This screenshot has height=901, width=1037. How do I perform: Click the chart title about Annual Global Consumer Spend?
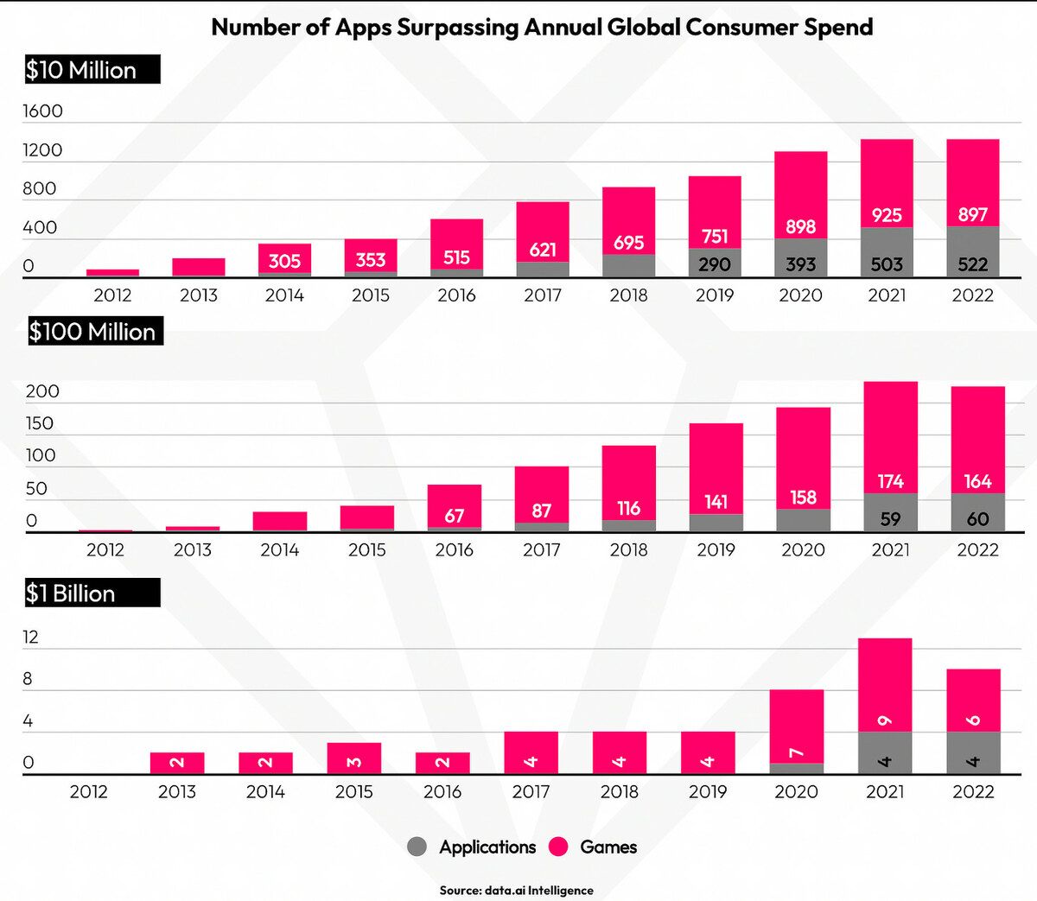(x=542, y=27)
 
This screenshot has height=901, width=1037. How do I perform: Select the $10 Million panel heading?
(x=92, y=70)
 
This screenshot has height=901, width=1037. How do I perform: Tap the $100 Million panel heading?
(x=94, y=332)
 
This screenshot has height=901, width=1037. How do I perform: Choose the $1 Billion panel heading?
(x=92, y=593)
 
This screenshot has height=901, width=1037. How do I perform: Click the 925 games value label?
(x=887, y=215)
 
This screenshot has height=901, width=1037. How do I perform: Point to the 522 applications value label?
(x=973, y=264)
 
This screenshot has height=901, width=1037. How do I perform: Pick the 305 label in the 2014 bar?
(x=284, y=261)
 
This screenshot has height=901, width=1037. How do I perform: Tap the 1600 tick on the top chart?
(x=42, y=111)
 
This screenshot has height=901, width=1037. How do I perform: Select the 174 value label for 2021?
(x=890, y=481)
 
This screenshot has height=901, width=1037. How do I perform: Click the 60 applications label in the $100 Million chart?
(x=977, y=519)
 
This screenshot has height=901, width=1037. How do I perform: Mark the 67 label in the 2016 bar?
(x=455, y=516)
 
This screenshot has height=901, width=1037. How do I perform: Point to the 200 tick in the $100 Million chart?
(x=42, y=391)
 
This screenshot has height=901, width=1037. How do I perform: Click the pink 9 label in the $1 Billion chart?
(x=885, y=720)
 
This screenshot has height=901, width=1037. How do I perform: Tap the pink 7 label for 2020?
(x=796, y=753)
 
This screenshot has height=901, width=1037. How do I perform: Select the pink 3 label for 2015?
(x=353, y=762)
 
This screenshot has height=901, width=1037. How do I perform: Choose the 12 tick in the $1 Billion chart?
(x=31, y=638)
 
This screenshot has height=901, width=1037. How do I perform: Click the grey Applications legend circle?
(x=417, y=847)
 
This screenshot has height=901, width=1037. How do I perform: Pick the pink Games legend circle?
(x=559, y=847)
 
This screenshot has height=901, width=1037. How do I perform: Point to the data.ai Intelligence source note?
(x=516, y=890)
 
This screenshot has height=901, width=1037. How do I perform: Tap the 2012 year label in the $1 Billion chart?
(x=88, y=791)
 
